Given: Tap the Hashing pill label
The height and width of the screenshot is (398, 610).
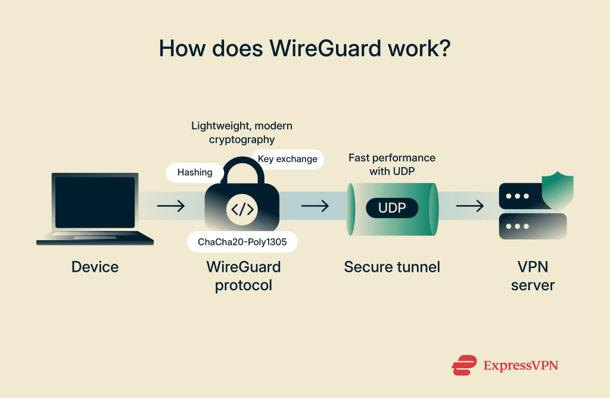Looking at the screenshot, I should [195, 172].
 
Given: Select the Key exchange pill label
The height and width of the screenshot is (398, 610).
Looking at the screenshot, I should [288, 160].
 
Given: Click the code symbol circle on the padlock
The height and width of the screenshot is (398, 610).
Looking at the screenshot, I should [242, 209].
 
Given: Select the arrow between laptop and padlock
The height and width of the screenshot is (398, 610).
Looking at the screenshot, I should [171, 206].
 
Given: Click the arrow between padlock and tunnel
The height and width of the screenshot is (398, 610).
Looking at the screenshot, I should [315, 206].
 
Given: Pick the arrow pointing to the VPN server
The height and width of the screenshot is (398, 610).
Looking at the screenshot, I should [470, 206].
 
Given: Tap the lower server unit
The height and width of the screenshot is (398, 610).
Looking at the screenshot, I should [532, 226].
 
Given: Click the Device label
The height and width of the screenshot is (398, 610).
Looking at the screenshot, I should [95, 267].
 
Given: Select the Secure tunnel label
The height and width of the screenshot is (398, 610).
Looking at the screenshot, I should [392, 267].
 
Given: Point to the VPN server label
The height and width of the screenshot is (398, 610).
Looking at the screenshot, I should [533, 276].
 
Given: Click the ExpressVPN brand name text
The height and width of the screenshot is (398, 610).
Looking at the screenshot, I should [521, 365].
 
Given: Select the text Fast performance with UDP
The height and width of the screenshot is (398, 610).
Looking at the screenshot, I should [392, 164].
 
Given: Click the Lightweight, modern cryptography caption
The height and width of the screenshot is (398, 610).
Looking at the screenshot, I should [242, 132].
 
